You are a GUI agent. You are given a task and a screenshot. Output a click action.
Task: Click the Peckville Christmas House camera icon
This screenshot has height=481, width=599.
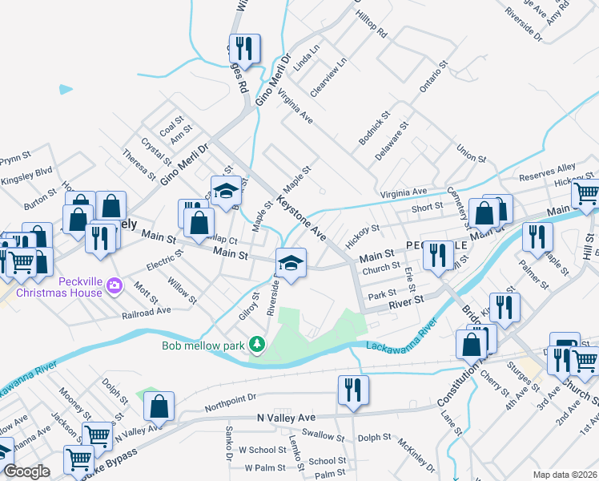click(x=114, y=285)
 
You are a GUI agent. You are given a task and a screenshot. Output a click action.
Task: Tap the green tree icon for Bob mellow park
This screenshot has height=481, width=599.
click(x=256, y=345)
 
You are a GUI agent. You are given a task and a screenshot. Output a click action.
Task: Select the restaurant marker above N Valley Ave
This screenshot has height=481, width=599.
click(x=353, y=390)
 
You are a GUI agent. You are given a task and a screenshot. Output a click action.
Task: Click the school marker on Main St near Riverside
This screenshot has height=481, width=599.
click(x=290, y=262)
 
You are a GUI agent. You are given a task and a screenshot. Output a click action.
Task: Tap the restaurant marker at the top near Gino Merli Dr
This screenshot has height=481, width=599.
click(x=245, y=49)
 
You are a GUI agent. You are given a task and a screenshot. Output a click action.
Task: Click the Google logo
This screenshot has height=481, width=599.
click(x=27, y=472)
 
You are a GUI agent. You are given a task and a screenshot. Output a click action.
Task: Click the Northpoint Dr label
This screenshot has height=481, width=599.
click(x=230, y=398)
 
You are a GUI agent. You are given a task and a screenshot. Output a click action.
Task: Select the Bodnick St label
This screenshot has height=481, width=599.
click(x=372, y=129)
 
